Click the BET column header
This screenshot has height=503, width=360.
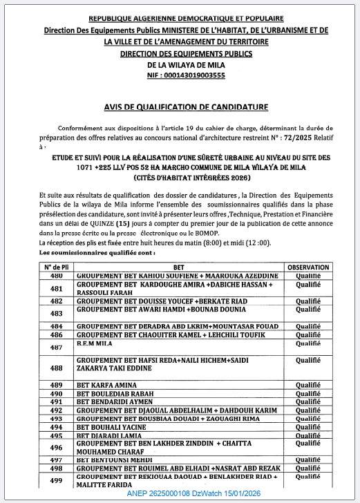tap(178, 266)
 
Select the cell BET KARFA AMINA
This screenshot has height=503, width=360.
tap(104, 385)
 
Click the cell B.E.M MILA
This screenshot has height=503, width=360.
tap(92, 343)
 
